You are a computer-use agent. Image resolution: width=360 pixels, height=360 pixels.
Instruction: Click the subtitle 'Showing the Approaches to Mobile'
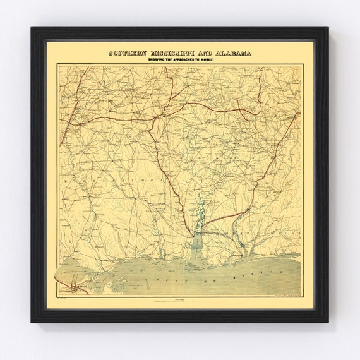tap(180, 61)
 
